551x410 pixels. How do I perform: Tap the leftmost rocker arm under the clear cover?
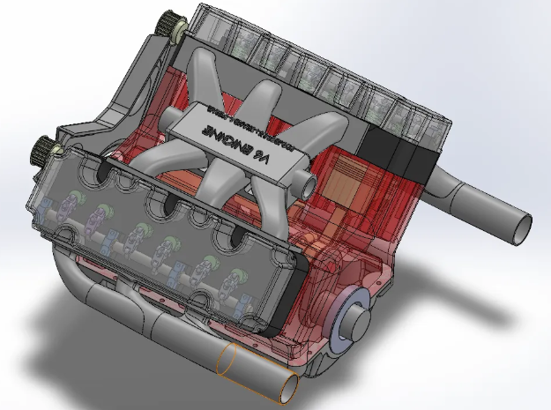point(69,209)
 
